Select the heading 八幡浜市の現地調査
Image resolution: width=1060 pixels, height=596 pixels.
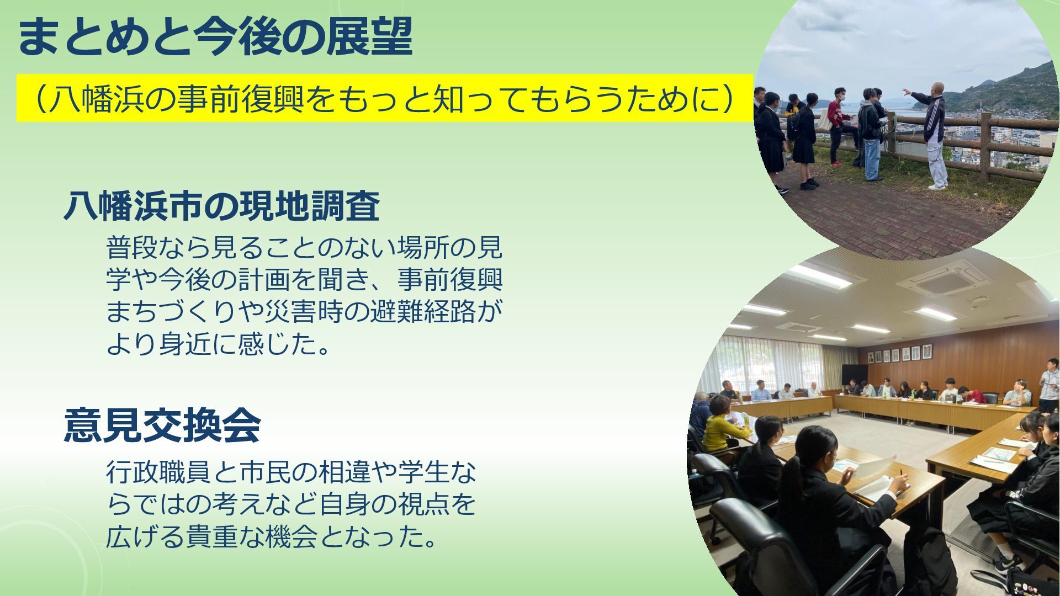tap(221, 206)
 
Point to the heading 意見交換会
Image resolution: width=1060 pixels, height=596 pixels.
tap(162, 425)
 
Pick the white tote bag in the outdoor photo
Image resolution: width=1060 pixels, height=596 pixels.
tap(825, 121)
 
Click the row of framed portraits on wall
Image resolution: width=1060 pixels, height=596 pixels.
tap(900, 354)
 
